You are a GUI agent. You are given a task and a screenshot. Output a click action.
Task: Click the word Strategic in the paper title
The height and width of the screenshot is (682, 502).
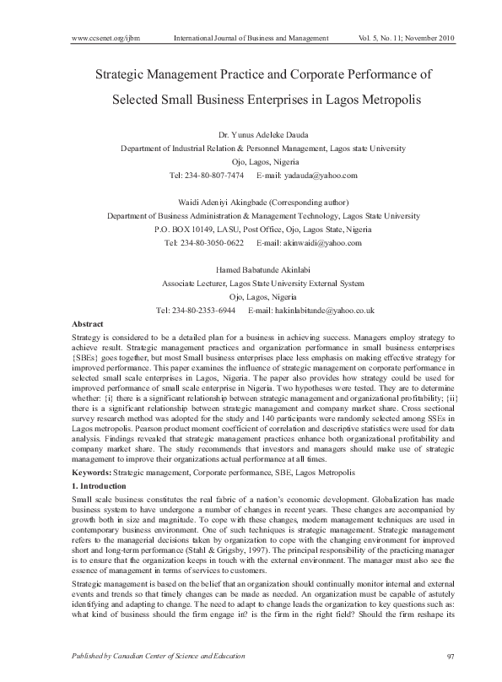(x=124, y=75)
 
